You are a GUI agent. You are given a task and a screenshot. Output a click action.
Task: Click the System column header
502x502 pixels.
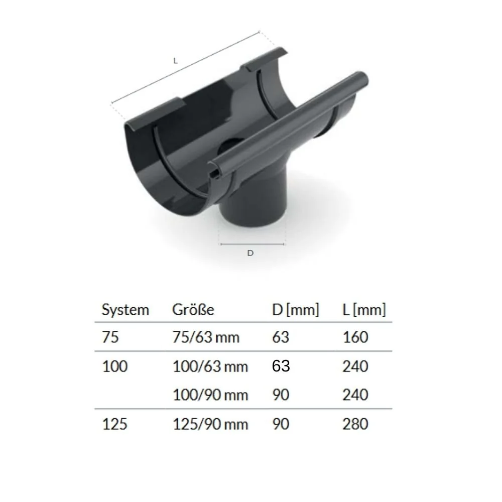(x=125, y=310)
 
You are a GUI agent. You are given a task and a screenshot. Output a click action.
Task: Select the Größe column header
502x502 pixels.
(x=193, y=310)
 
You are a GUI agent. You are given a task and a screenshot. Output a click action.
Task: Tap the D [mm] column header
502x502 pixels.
(x=295, y=310)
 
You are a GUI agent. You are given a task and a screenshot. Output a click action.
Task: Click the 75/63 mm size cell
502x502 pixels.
(x=206, y=337)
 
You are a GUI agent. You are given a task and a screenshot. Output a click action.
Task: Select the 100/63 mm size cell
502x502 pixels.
(x=210, y=366)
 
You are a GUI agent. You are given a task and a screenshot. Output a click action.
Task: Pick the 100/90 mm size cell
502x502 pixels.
(x=210, y=395)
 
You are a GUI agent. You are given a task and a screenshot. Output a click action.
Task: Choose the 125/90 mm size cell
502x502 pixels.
(x=210, y=424)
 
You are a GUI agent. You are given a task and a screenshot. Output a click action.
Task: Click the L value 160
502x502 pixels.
(x=355, y=337)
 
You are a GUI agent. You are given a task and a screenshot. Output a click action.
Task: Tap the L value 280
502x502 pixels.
(x=355, y=424)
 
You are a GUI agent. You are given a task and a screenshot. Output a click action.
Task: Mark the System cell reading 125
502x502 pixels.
(x=114, y=424)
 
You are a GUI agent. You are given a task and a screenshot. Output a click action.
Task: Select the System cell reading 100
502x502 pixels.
(x=114, y=366)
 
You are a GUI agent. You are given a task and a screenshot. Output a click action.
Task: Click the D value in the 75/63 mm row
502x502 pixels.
(x=280, y=337)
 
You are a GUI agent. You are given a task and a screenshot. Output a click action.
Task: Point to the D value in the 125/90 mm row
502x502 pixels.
(x=280, y=424)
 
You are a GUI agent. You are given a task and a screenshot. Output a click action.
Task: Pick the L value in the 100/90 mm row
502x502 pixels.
(x=355, y=395)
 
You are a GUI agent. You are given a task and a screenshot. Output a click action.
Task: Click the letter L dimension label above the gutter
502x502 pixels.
(x=175, y=61)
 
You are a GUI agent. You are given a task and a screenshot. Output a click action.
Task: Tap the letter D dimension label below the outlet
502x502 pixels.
(x=250, y=253)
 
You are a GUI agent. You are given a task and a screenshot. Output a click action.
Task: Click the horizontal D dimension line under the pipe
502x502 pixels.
(x=253, y=244)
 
